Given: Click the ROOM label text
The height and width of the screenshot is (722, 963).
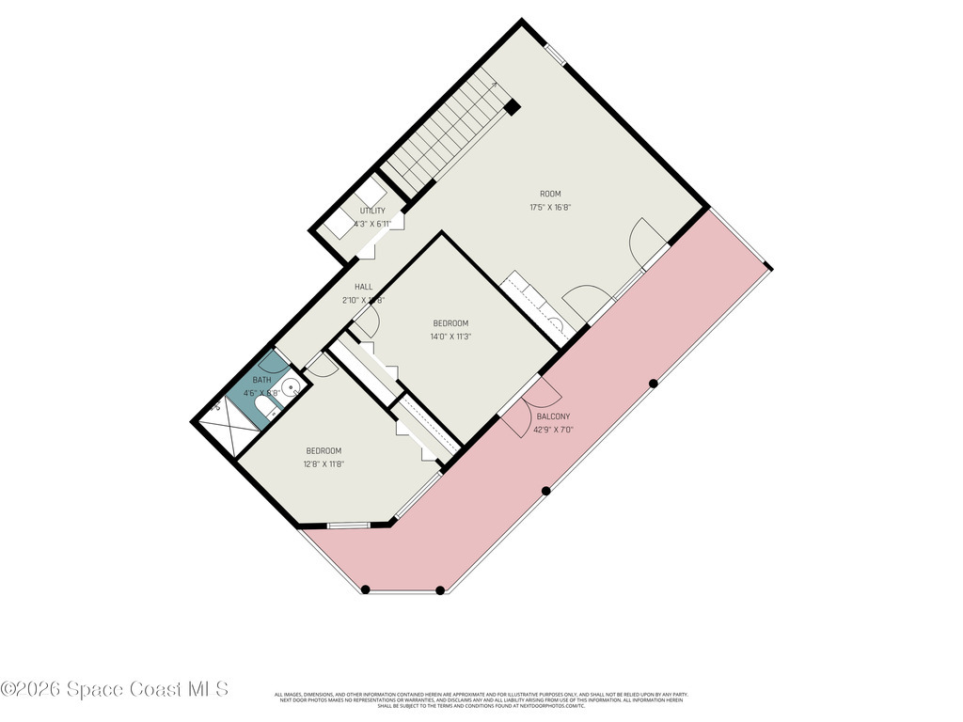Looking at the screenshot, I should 550,194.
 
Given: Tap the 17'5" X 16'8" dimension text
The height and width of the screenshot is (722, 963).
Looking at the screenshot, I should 550,207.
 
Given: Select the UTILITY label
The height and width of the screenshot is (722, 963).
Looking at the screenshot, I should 371,212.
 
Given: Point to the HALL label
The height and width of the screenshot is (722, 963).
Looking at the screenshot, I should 364,287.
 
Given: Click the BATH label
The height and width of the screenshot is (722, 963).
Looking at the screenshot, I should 260,380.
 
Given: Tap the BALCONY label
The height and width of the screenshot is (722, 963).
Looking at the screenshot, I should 553,416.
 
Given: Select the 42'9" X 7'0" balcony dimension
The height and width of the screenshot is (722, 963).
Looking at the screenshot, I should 553,430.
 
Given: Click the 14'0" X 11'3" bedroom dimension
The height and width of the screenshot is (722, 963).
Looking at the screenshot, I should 450,336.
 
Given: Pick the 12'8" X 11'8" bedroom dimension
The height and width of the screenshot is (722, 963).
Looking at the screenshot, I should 324,463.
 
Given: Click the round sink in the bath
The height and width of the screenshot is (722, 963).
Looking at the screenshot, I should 292,386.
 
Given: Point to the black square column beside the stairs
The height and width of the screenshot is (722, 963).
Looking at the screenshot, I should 512,107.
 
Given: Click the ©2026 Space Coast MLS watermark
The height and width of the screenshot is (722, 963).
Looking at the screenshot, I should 115,689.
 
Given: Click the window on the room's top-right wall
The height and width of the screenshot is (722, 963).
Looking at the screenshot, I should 556,53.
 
